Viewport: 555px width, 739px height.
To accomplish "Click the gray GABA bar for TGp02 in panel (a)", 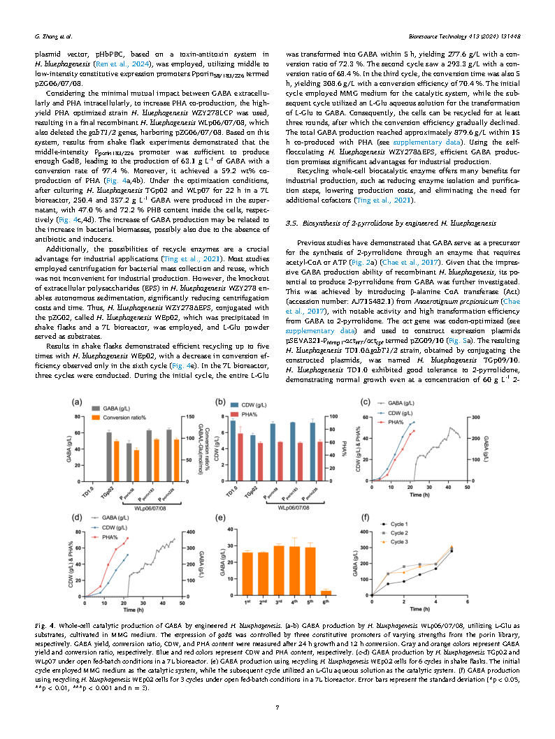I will pos(108,455).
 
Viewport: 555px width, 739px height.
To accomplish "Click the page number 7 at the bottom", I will pos(277,708).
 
